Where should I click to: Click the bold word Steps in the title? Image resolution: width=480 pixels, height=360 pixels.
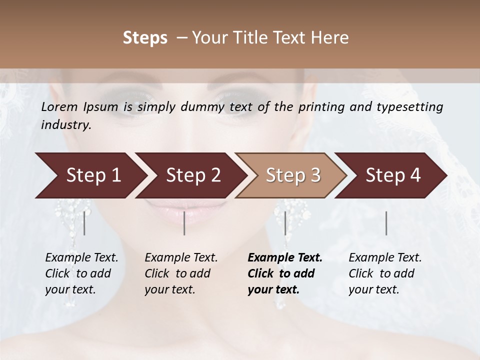pos(145,38)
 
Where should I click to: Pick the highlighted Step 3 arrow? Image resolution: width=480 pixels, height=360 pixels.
pos(293,175)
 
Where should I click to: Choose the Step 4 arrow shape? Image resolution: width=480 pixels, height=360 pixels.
pos(393,175)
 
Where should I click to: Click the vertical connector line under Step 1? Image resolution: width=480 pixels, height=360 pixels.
pos(84,223)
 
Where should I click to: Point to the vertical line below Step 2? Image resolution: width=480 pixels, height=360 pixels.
pos(184,223)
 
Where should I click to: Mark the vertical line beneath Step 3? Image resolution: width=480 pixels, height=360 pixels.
pos(285,223)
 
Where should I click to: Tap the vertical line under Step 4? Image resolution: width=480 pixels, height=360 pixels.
pos(386,223)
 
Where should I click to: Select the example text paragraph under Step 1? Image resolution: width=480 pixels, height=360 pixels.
pos(81,273)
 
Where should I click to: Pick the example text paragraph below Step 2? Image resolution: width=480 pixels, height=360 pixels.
pos(180,273)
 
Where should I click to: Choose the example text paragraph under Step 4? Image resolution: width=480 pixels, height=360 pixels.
pos(384,273)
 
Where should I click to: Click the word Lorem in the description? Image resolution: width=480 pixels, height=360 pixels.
pos(59,106)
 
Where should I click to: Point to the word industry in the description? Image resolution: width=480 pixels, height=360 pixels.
pos(66,124)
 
